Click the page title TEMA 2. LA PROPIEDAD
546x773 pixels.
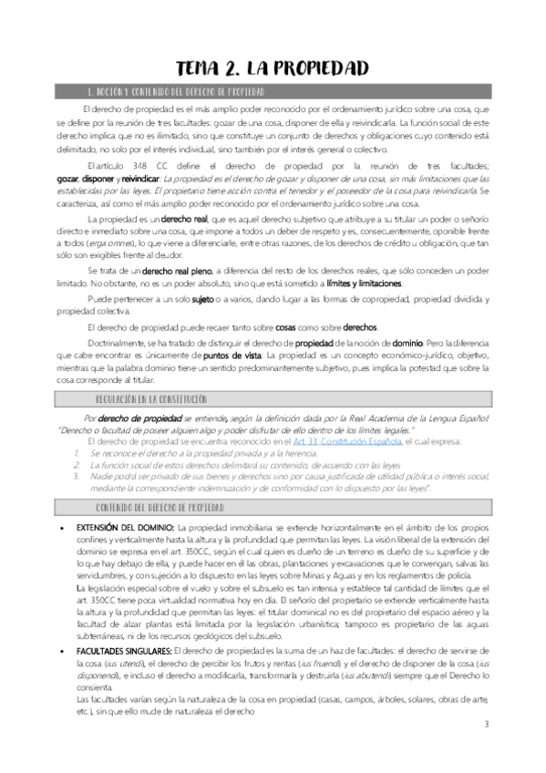(273, 68)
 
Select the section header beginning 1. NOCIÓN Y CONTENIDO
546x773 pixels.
(174, 92)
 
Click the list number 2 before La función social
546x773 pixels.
(65, 464)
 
